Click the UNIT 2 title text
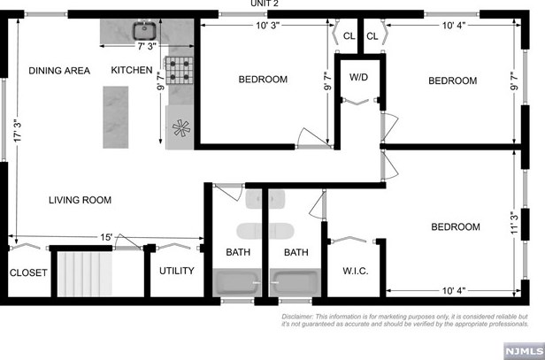[266, 4]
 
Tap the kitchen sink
[144, 31]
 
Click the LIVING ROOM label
[80, 201]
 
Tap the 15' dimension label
[105, 237]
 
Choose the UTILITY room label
[177, 271]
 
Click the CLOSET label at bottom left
[27, 273]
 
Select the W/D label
[359, 78]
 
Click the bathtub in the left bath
[237, 286]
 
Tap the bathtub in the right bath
[296, 286]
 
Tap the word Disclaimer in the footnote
[302, 317]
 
